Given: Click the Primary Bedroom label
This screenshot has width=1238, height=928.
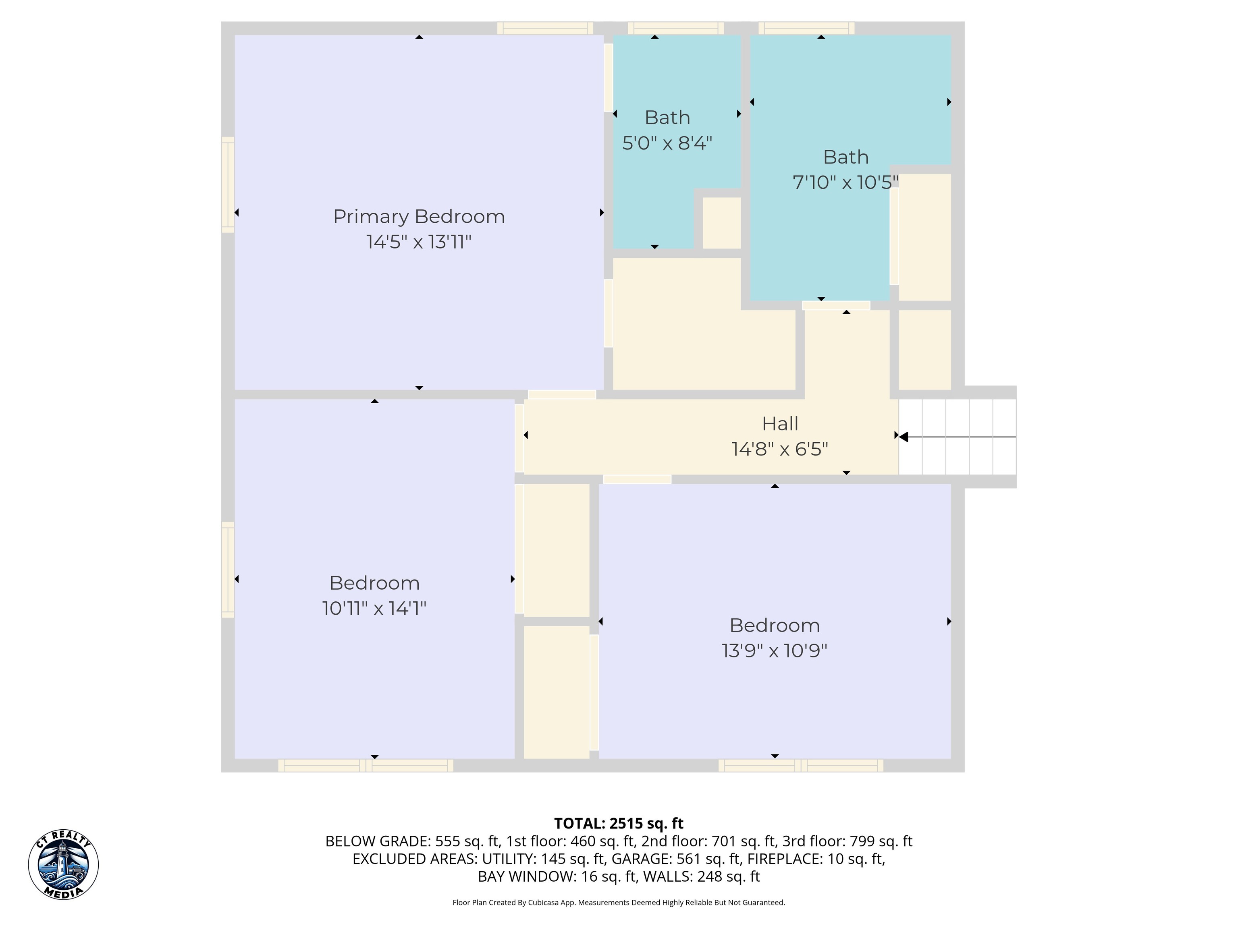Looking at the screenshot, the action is [x=419, y=216].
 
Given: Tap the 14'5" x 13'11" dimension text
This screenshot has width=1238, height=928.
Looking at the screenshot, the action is [x=419, y=242].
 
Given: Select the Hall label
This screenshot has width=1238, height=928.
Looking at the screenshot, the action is [x=780, y=423].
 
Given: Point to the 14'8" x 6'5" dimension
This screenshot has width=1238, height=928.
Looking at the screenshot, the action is [x=780, y=449].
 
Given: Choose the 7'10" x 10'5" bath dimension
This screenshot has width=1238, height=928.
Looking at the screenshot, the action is [x=845, y=182].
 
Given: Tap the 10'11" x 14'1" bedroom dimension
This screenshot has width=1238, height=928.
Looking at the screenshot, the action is [x=374, y=608].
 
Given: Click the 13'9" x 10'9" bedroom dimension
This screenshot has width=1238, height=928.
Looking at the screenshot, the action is [x=775, y=650].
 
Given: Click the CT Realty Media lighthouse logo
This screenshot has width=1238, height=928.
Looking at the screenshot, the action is [x=63, y=865].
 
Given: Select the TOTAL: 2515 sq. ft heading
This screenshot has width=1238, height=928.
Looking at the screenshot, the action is [x=619, y=823].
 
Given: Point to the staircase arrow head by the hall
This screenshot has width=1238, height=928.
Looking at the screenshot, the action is [x=903, y=437].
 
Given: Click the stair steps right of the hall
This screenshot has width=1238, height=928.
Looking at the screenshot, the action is [x=957, y=437].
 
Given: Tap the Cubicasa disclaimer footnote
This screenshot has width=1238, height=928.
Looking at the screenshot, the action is [x=619, y=902].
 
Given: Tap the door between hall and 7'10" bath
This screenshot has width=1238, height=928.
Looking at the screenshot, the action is [x=836, y=305].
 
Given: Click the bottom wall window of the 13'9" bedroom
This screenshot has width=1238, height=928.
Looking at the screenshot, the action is [x=801, y=766].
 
